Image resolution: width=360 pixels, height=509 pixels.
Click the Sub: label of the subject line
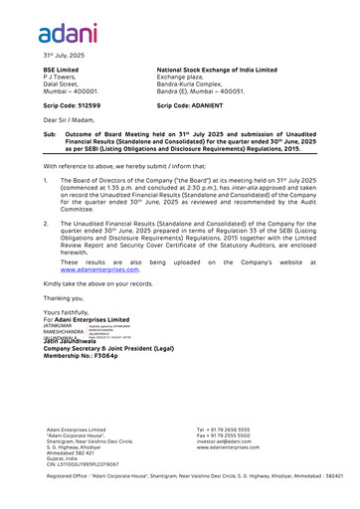(x=50, y=133)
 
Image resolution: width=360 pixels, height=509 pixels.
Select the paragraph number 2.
(x=46, y=225)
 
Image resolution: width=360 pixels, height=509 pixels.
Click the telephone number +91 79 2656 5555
(x=230, y=429)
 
